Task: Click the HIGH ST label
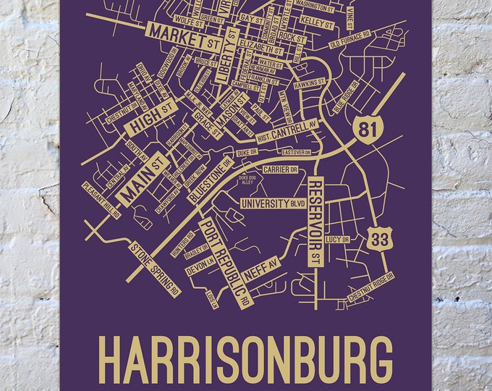tap(152, 117)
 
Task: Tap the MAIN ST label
tap(141, 177)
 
